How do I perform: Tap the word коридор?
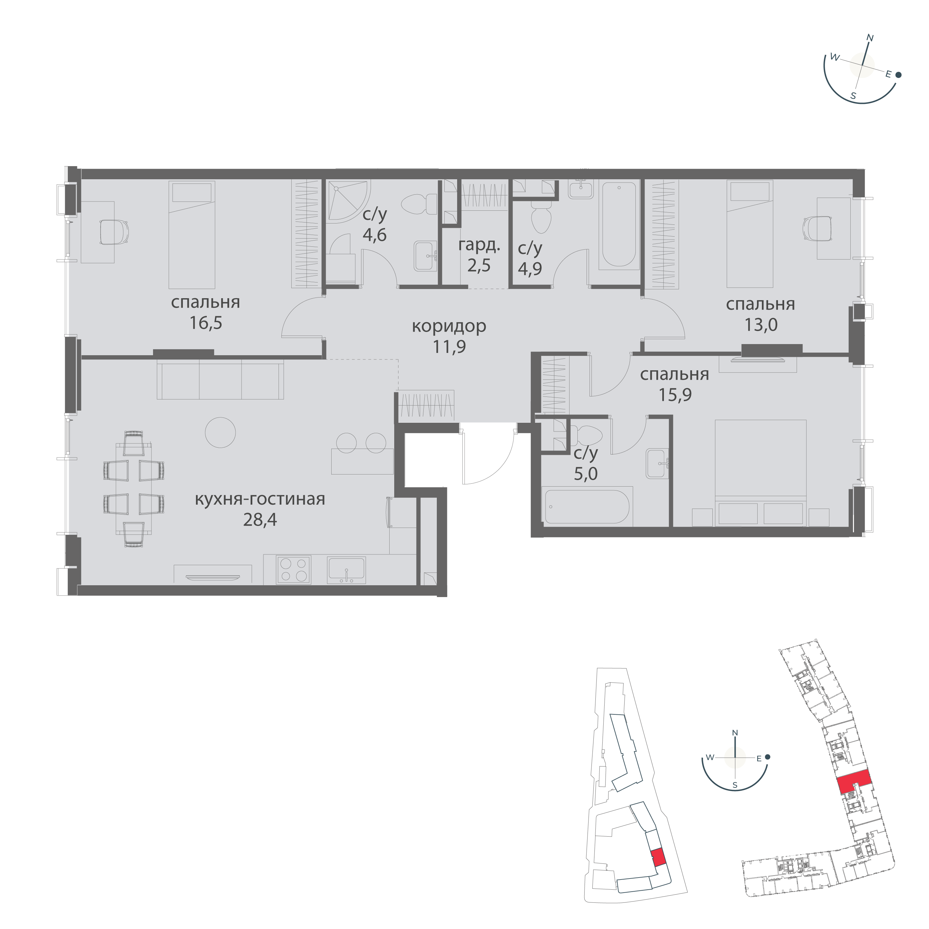click(449, 326)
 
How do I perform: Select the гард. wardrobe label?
click(479, 246)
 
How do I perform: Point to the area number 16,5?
click(206, 323)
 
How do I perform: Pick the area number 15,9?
click(675, 395)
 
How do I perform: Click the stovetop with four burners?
click(293, 570)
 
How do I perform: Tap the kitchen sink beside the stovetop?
click(346, 570)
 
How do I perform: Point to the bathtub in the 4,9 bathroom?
click(619, 223)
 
